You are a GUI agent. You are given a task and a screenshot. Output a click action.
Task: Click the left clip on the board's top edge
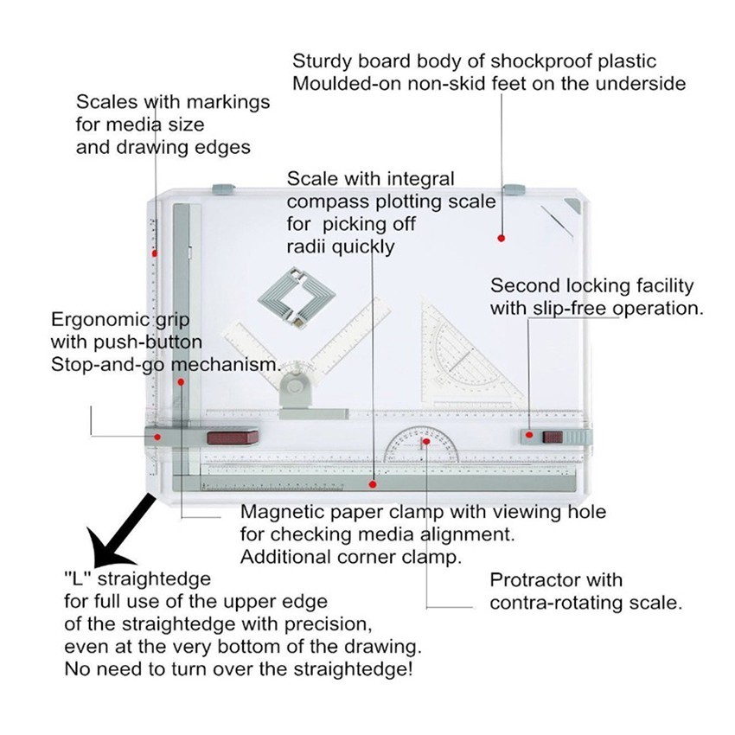click(224, 188)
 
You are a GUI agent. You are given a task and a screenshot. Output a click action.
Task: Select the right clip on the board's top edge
click(514, 188)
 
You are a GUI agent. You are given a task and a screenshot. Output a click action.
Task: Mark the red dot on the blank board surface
click(501, 236)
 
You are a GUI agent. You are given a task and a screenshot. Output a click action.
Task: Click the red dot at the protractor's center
click(425, 442)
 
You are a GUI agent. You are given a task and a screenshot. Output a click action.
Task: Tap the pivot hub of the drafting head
click(297, 380)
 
